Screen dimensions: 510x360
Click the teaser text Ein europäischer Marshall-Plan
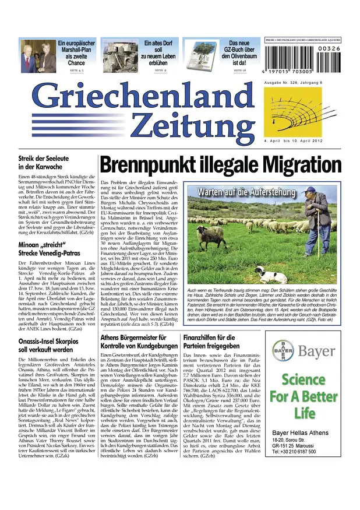pyautogui.click(x=75, y=52)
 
